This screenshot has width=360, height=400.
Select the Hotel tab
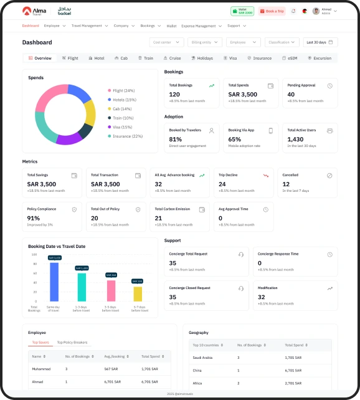(x=96, y=58)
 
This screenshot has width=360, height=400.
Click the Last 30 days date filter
(x=321, y=42)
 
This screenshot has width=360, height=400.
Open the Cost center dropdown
(x=167, y=42)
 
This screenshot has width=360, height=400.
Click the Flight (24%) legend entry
(x=123, y=90)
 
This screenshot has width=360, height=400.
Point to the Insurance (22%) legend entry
(x=127, y=136)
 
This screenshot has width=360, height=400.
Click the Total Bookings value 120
(x=174, y=95)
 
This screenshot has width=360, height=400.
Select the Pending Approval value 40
(x=291, y=95)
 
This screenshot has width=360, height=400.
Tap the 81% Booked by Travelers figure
(x=175, y=140)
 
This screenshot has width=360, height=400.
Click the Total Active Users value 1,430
(x=295, y=140)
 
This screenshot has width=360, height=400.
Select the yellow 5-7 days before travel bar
(x=138, y=294)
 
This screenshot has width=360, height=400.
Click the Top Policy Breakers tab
(x=72, y=343)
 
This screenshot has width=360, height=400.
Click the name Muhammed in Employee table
(x=40, y=369)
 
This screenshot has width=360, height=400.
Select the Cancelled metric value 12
(x=287, y=184)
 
